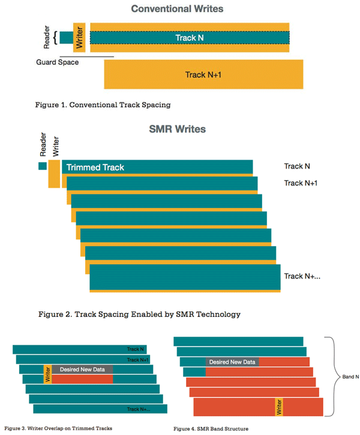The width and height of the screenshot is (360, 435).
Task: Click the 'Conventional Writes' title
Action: pyautogui.click(x=177, y=9)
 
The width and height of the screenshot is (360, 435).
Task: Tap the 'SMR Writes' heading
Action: pyautogui.click(x=177, y=129)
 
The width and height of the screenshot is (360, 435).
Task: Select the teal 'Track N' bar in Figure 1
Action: pyautogui.click(x=190, y=38)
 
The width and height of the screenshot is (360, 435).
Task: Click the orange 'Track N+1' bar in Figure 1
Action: pyautogui.click(x=203, y=74)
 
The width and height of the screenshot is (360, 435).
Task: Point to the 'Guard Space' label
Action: pyautogui.click(x=58, y=62)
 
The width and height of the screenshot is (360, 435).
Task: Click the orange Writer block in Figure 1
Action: pyautogui.click(x=79, y=37)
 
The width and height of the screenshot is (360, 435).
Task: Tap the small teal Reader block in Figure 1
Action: pyautogui.click(x=66, y=37)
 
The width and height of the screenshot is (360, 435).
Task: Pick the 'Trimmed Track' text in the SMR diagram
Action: pyautogui.click(x=95, y=167)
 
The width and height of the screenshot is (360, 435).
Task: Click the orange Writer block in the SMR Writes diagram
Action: pyautogui.click(x=54, y=173)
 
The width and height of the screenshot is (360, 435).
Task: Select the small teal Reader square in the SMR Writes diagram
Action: pyautogui.click(x=43, y=166)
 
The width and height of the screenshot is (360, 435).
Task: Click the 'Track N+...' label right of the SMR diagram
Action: pyautogui.click(x=302, y=276)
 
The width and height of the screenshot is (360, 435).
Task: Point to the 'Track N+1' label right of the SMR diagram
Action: pyautogui.click(x=301, y=183)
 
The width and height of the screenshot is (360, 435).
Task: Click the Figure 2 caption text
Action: pyautogui.click(x=139, y=314)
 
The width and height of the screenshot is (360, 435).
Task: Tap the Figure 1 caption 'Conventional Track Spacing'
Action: pyautogui.click(x=103, y=105)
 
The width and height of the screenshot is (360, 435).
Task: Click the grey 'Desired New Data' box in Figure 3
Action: pyautogui.click(x=82, y=369)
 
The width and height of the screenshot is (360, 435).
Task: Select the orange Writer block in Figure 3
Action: pyautogui.click(x=48, y=374)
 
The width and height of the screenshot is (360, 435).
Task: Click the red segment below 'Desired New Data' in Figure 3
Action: pyautogui.click(x=82, y=379)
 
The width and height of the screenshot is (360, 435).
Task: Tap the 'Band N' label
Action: pyautogui.click(x=350, y=377)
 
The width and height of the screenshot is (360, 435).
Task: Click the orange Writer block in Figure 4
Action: pyautogui.click(x=279, y=407)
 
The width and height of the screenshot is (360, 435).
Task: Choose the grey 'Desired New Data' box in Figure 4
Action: pyautogui.click(x=232, y=362)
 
